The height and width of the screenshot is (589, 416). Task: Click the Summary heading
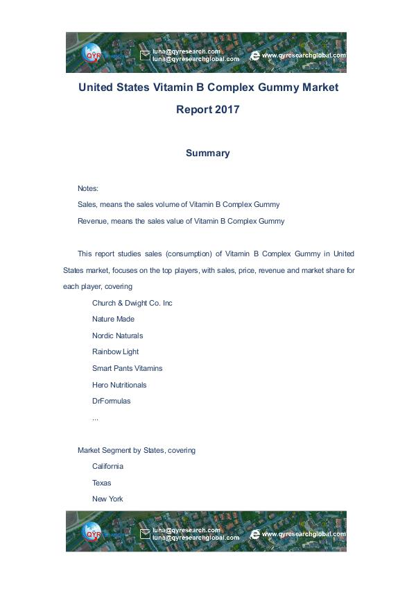207,153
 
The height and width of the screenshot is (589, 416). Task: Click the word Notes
88,188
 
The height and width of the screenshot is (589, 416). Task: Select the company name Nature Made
113,319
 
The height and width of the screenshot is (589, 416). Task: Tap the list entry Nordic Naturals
117,335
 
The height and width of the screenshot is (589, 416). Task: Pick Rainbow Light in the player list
115,352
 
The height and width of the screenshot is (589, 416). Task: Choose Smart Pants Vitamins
127,368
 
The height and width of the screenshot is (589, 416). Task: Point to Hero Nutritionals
119,385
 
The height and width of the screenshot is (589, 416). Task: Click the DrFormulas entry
111,401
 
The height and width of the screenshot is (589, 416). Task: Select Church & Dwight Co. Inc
132,303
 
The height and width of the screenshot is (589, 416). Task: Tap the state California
107,466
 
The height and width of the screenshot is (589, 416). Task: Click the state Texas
102,483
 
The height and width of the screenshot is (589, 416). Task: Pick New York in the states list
107,499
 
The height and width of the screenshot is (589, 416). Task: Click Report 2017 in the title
207,110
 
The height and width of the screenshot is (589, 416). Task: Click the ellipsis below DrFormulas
95,417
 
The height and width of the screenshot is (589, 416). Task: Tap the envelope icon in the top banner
145,55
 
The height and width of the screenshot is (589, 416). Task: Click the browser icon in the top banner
254,55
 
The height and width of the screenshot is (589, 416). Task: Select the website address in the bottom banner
303,534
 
